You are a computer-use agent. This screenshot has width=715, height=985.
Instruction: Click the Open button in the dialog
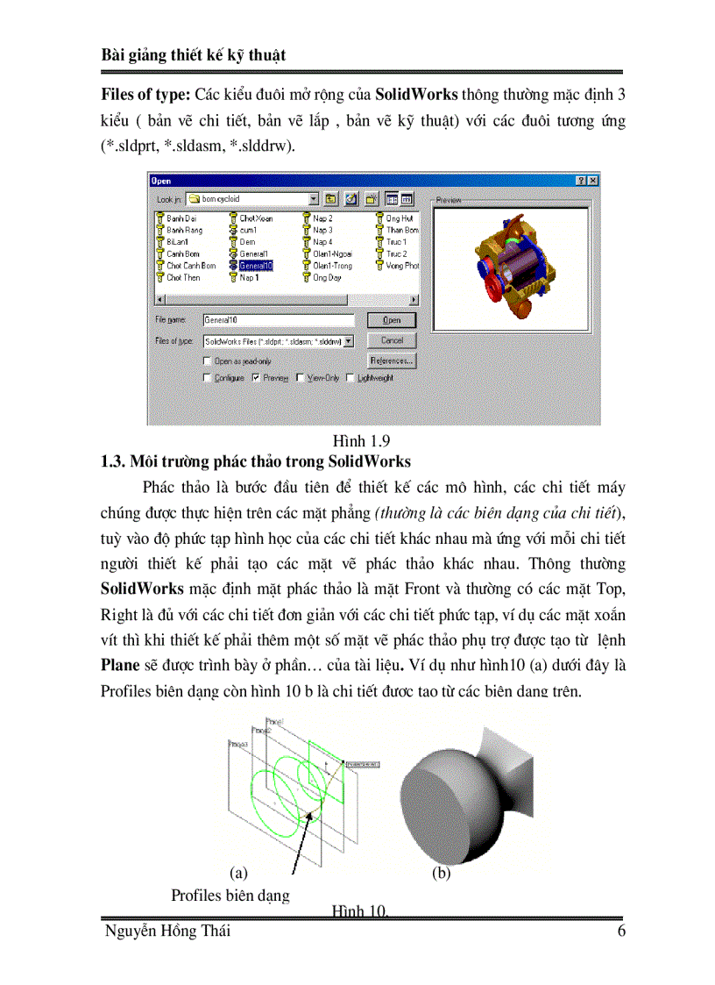tap(391, 320)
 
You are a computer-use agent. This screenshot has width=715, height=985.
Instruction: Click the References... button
tap(391, 360)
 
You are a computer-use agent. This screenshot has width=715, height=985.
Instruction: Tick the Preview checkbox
tap(256, 378)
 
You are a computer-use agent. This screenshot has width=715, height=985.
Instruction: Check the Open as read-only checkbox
tap(207, 360)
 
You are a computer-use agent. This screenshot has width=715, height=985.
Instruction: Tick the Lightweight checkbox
tap(350, 378)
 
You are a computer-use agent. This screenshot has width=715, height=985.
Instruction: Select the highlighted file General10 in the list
tap(255, 265)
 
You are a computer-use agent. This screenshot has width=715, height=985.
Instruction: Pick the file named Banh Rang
tap(183, 230)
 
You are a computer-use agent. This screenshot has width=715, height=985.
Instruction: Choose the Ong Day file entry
tap(326, 277)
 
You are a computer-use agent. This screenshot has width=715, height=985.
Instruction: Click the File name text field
tap(278, 321)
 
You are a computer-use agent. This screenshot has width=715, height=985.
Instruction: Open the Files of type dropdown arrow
tap(349, 340)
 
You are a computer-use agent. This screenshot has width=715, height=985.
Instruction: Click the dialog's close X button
tap(593, 180)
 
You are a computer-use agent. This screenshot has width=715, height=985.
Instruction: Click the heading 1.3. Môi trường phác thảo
tap(256, 461)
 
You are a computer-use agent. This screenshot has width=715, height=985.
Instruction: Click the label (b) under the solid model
tap(442, 874)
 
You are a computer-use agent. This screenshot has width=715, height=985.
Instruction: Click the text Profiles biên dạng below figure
tap(230, 895)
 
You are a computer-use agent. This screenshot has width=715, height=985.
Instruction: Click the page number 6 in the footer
tap(620, 931)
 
